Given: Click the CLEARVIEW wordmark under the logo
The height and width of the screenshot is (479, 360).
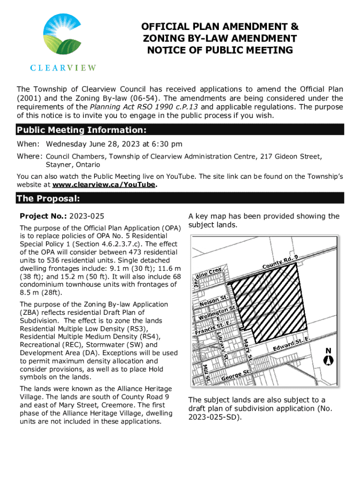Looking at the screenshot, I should [63, 67].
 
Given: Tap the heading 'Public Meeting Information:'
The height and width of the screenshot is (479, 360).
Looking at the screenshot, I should [82, 130].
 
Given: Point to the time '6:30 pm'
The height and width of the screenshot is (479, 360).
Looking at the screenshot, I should [167, 144].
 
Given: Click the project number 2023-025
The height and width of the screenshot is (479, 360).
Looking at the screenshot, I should [87, 216].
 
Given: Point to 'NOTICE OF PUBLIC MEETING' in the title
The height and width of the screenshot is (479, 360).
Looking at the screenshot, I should [220, 50].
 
